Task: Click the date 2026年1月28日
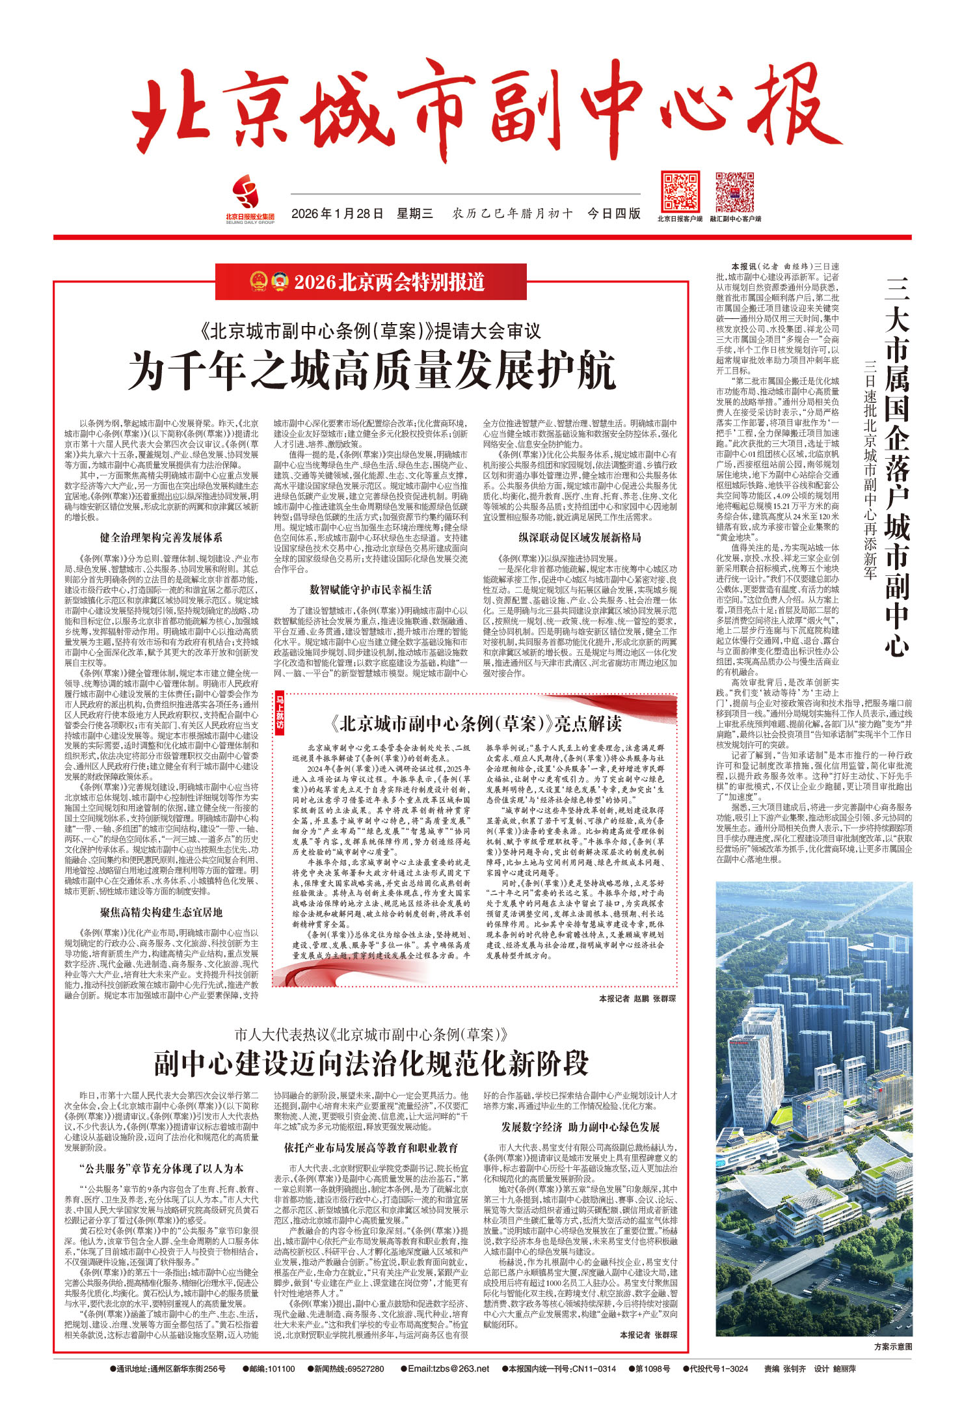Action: pos(337,213)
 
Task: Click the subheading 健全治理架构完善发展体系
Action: pos(161,537)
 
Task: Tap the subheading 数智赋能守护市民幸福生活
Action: pos(370,590)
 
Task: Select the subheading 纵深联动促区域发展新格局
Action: pos(580,537)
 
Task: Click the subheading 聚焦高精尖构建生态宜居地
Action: pos(161,912)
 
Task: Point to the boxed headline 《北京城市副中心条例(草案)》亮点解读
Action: pos(475,724)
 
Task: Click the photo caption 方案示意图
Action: pos(892,1346)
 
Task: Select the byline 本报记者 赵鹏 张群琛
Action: pos(637,998)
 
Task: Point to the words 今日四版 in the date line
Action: pos(613,213)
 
